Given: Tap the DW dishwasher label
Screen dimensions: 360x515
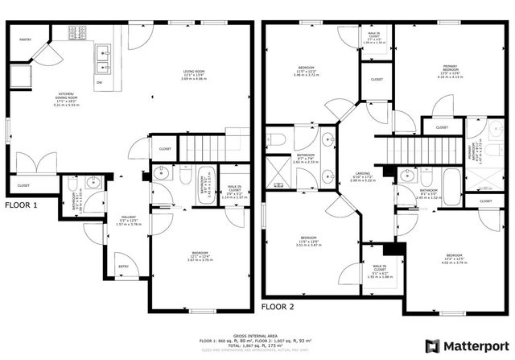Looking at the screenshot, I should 99,81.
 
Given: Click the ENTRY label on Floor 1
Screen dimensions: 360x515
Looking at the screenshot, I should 123,267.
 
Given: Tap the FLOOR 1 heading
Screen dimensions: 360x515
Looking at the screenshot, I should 22,205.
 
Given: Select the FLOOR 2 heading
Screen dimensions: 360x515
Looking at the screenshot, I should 278,306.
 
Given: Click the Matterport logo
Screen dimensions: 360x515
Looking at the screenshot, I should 468,346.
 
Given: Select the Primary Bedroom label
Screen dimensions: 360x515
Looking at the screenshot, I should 455,72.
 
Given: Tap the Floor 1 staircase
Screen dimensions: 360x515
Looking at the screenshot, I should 203,148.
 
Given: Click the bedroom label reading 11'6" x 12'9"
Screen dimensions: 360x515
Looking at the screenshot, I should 307,241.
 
